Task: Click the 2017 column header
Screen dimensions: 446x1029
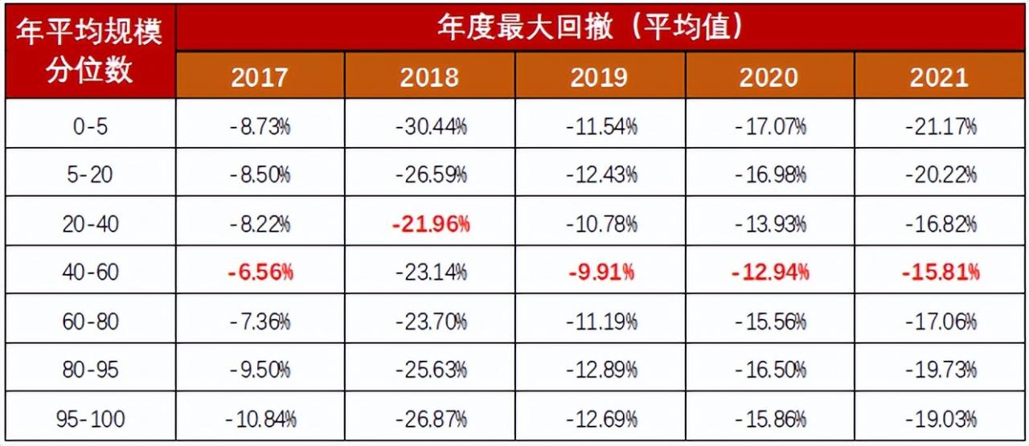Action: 260,77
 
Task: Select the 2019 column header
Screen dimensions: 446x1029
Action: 599,77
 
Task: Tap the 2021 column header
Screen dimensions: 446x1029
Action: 939,77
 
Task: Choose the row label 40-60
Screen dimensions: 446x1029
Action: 90,272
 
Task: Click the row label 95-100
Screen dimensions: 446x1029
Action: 90,419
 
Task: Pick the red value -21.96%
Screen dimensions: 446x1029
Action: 430,224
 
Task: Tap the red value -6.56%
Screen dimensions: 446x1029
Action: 260,272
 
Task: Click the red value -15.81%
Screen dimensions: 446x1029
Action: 939,272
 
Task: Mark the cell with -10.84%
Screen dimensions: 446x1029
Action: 260,419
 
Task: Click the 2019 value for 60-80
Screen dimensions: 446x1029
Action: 599,321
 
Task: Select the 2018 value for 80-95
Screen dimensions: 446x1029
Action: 430,370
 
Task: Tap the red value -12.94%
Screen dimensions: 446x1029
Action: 769,272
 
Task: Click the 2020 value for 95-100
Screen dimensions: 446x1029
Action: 769,419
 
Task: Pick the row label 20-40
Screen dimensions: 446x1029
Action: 90,224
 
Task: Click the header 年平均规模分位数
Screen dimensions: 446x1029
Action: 90,51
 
